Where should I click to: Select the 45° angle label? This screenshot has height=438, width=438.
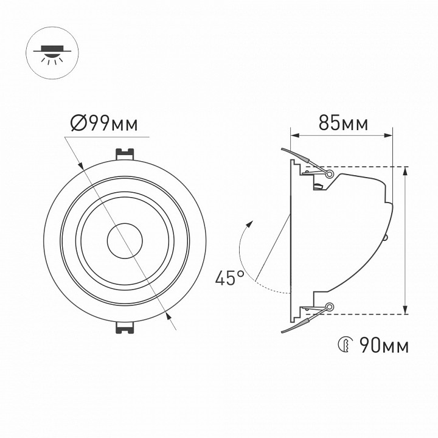point(229,278)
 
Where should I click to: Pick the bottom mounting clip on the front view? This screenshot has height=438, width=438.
point(125,327)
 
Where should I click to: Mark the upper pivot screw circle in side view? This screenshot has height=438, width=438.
point(330,174)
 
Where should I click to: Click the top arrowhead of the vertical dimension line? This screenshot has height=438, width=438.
point(406,171)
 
